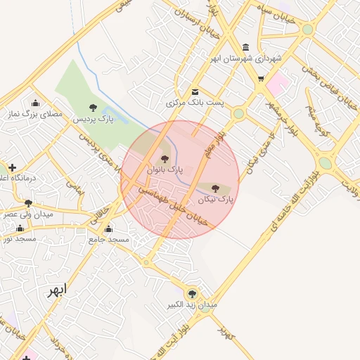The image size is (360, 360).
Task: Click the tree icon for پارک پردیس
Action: click(x=93, y=108)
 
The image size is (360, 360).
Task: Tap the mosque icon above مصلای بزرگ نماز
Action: click(x=36, y=103)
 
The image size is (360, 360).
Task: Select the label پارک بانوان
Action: click(x=165, y=169)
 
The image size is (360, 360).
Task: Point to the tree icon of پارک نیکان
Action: click(x=215, y=188)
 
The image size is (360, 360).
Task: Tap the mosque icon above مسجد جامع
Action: click(x=108, y=229)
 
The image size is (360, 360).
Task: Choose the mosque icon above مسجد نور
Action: click(x=20, y=228)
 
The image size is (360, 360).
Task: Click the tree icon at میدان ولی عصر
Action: click(x=29, y=203)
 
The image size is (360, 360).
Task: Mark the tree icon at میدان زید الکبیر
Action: click(x=192, y=294)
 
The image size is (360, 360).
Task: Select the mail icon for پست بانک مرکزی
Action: click(x=195, y=91)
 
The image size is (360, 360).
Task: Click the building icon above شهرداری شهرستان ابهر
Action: click(x=245, y=46)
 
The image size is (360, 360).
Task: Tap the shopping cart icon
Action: click(x=261, y=79)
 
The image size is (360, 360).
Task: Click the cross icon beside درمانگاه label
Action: click(x=12, y=167)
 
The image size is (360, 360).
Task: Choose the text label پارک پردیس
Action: click(x=94, y=119)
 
